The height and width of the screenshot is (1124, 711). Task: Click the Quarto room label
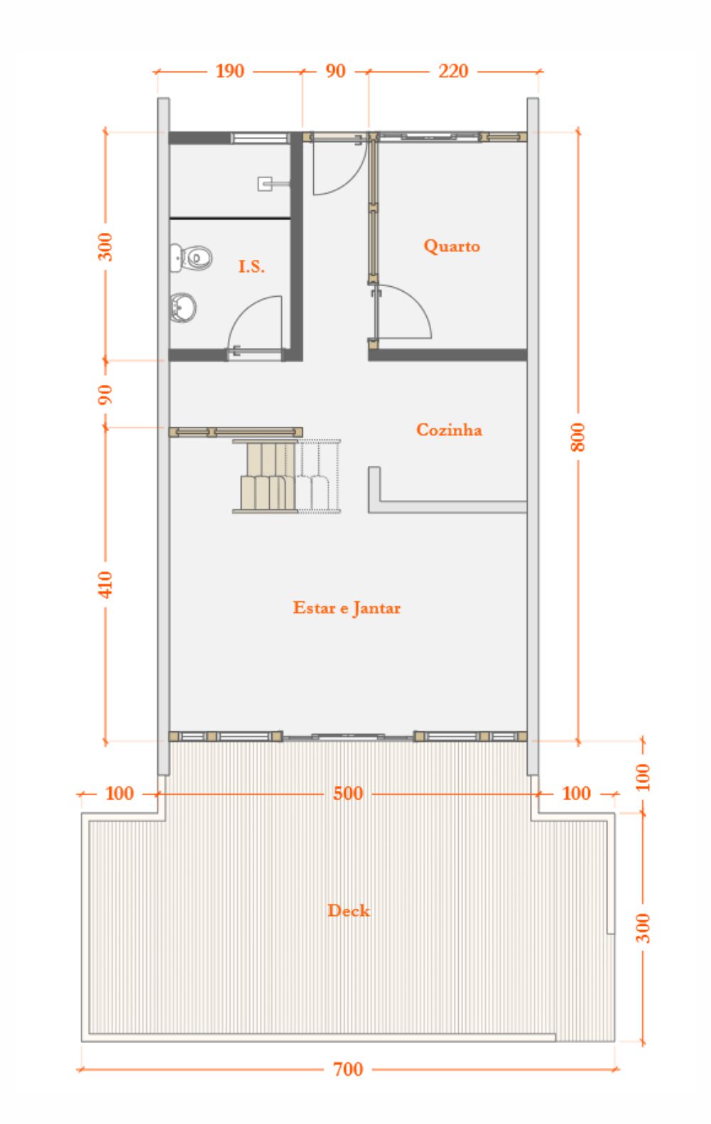452,246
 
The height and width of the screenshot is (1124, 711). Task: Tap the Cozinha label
449,430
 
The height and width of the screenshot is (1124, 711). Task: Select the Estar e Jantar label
347,608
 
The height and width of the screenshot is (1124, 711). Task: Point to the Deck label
349,910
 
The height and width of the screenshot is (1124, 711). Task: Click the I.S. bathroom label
251,266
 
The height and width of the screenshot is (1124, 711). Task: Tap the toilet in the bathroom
191,258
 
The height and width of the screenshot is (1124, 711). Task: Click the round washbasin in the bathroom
183,307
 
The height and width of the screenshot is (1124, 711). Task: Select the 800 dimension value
578,437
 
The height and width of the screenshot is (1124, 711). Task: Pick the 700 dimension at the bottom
348,1069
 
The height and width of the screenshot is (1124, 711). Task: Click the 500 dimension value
348,793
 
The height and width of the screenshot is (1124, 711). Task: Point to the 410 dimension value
105,584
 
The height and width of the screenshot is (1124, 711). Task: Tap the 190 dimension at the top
230,71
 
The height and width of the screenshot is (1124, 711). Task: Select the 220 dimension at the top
453,71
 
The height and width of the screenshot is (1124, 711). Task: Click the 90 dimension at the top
335,71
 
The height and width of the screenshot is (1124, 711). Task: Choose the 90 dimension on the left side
105,394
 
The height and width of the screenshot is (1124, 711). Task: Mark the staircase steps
286,476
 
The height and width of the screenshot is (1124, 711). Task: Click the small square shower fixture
265,184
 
